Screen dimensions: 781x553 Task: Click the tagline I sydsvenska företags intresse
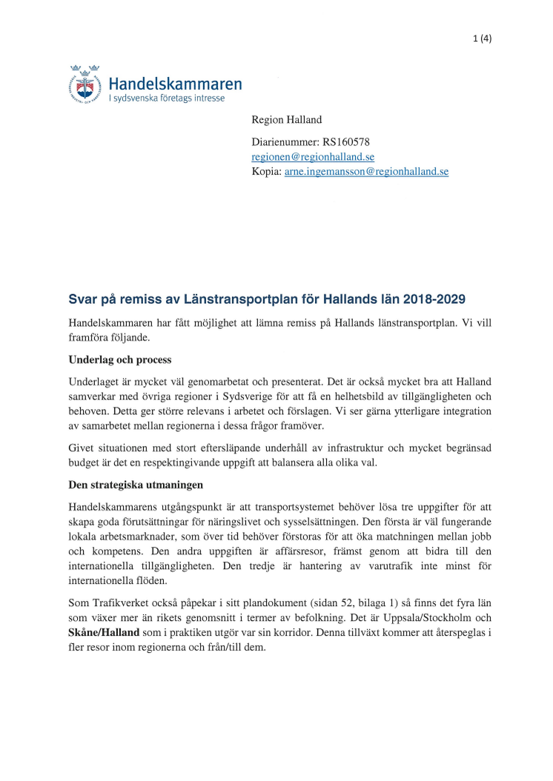coord(166,97)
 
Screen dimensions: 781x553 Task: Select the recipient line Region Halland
coord(286,119)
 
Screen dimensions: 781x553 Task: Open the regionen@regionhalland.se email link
coord(313,156)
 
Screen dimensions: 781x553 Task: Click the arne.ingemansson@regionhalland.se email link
coord(366,171)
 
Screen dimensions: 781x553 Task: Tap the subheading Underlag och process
coord(119,360)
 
